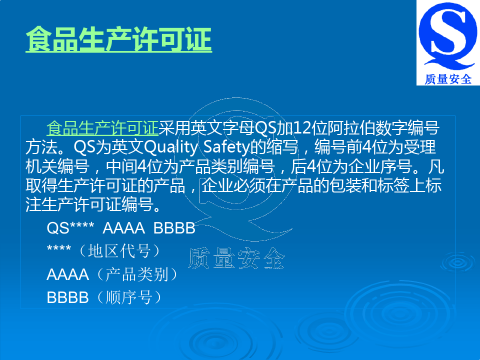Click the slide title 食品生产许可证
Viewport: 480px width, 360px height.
click(119, 39)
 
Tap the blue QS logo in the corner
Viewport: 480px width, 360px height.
click(447, 36)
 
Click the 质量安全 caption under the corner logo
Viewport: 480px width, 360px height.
click(448, 79)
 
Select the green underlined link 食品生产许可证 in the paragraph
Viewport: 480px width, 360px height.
click(102, 128)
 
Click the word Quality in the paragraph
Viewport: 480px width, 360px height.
click(170, 147)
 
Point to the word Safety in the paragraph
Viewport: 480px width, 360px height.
click(226, 147)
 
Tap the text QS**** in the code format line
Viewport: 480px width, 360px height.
click(70, 228)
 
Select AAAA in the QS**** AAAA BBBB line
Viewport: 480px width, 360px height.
click(123, 228)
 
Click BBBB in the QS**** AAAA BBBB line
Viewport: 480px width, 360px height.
click(174, 228)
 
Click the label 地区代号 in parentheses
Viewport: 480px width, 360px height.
click(119, 251)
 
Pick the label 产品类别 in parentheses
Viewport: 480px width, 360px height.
click(137, 274)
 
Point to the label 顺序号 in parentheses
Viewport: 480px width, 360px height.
click(129, 297)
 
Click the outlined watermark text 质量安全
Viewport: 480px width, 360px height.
click(236, 258)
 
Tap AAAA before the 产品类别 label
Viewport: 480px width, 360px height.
click(67, 274)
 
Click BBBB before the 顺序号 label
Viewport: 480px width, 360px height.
click(67, 297)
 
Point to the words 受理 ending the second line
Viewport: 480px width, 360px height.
click(420, 147)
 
